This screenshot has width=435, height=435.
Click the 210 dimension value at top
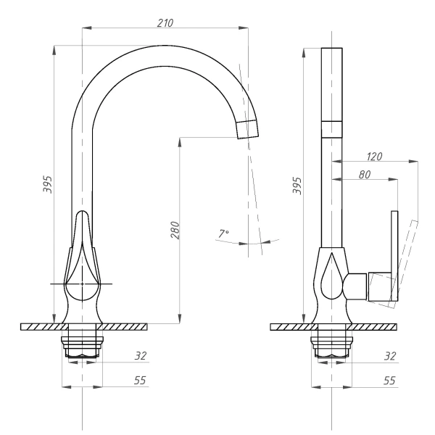pyautogui.click(x=165, y=23)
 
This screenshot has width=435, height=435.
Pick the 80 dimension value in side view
pyautogui.click(x=364, y=175)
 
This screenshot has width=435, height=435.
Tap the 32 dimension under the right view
pyautogui.click(x=391, y=356)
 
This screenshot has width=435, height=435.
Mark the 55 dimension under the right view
pyautogui.click(x=391, y=380)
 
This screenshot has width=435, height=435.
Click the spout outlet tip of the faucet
pyautogui.click(x=247, y=129)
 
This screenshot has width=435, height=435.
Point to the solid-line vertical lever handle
pyautogui.click(x=395, y=254)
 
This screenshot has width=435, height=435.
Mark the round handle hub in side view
pyautogui.click(x=355, y=286)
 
